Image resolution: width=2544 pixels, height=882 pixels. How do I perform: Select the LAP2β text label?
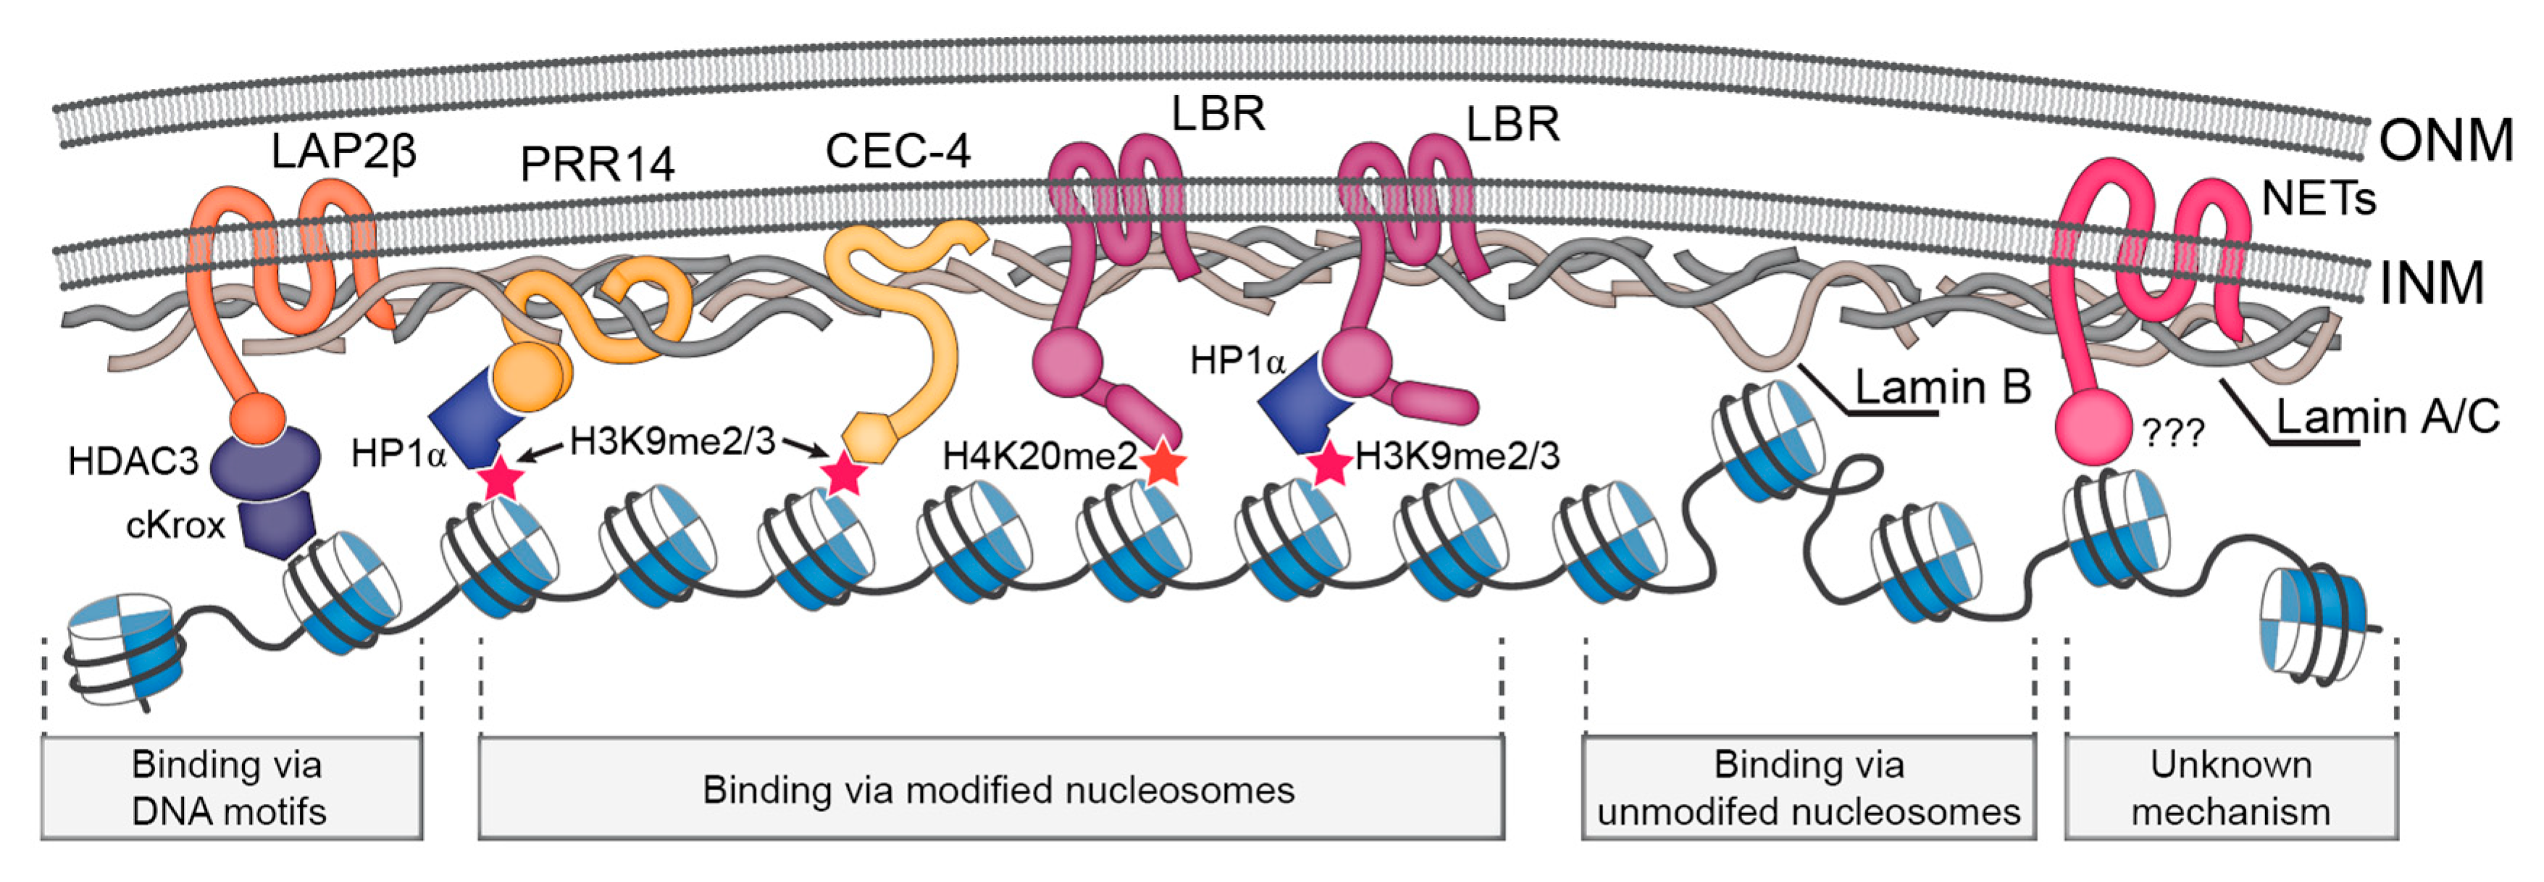coord(343,151)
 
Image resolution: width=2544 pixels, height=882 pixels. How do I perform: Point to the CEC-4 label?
coord(897,151)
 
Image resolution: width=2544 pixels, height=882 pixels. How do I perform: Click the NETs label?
coord(2318,199)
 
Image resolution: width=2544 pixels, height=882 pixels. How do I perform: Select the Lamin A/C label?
coord(2387,417)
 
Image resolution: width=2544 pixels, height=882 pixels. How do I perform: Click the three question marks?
coord(2172,433)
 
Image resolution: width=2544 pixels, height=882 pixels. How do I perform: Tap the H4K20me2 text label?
coord(1039,457)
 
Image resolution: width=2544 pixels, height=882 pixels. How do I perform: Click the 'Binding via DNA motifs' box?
coord(231,787)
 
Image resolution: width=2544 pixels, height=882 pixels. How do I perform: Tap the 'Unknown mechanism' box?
coord(2230,787)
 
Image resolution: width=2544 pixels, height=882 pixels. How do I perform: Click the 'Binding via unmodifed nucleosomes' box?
coord(1807,787)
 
